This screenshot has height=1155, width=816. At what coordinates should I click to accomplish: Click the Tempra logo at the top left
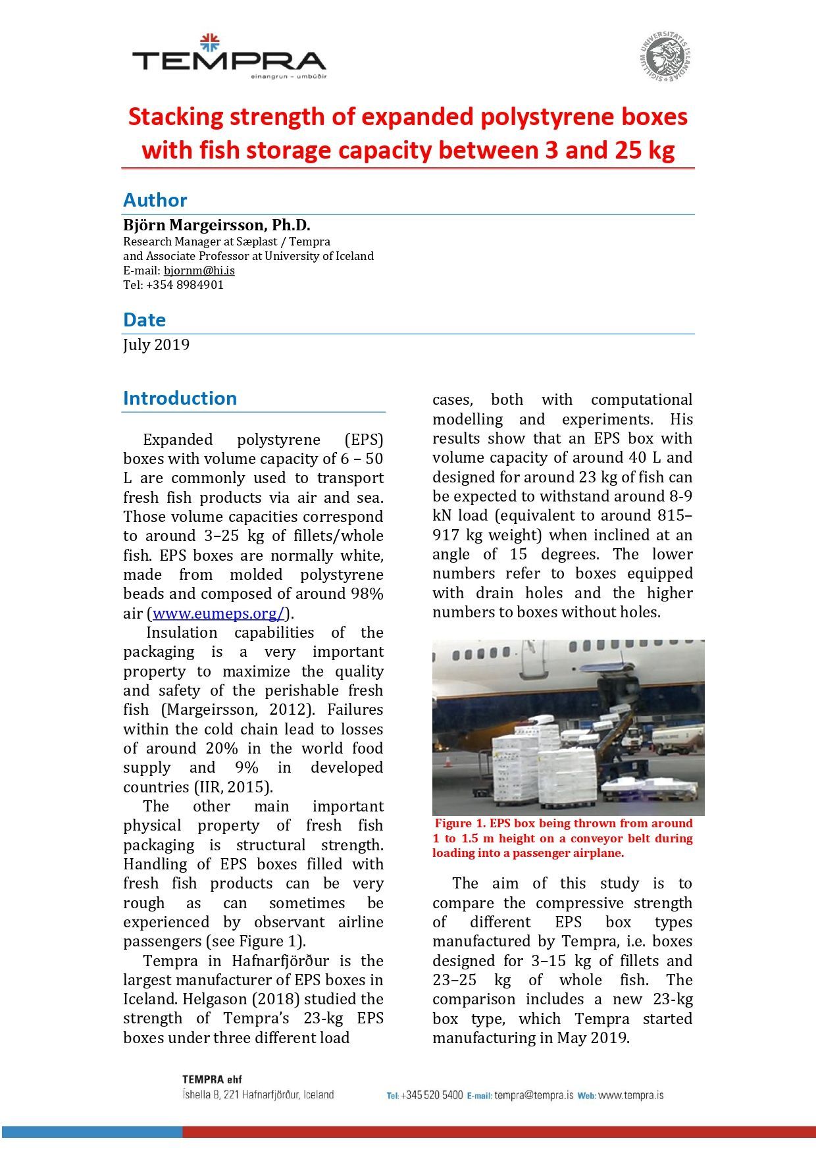tap(229, 58)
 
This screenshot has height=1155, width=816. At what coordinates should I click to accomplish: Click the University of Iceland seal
tap(665, 57)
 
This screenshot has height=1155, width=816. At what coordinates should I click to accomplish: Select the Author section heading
tap(155, 200)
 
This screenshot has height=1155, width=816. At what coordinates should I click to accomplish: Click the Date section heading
tap(144, 320)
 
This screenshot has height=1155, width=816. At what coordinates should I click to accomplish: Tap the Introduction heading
tap(180, 398)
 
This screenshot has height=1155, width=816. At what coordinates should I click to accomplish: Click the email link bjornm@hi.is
tap(199, 270)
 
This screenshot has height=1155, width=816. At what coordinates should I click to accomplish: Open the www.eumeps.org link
tap(218, 613)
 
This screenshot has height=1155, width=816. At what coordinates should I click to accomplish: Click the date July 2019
tap(156, 345)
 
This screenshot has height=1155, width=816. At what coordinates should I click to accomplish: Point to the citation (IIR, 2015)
tap(233, 787)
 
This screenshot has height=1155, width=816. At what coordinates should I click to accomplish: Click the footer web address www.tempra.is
tap(630, 1095)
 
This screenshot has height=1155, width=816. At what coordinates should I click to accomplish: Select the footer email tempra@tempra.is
tap(534, 1095)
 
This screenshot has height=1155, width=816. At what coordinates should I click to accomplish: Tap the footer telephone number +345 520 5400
tap(432, 1095)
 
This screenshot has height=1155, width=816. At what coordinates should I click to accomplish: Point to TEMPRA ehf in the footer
tap(212, 1079)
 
